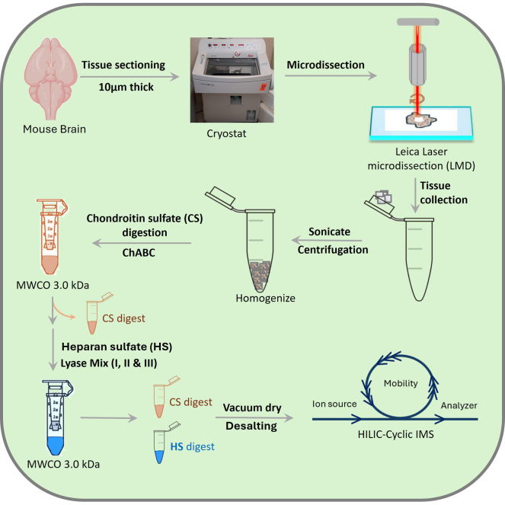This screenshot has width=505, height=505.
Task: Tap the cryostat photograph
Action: coord(232,80)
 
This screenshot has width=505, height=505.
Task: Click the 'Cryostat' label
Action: coord(226,133)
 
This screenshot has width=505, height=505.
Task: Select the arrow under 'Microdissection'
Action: coord(331,75)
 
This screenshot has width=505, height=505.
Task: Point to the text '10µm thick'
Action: coord(126,87)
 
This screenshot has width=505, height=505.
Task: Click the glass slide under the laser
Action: coord(421,123)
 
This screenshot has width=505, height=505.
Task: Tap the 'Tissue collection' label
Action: coord(443,193)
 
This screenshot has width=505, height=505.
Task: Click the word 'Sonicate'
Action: coord(329,232)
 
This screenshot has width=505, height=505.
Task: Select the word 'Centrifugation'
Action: coord(333,250)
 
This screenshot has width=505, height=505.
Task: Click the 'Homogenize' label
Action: coord(265,298)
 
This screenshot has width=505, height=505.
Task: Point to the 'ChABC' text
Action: coord(139,253)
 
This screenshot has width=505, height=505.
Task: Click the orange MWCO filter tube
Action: coord(52,236)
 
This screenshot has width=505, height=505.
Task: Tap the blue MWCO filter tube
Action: coord(56,417)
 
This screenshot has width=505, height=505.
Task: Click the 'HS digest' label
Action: coord(192,446)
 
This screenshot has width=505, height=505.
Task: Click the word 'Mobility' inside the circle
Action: coord(401,383)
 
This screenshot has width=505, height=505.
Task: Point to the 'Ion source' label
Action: coord(334,404)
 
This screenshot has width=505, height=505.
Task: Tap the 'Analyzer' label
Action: coord(459,405)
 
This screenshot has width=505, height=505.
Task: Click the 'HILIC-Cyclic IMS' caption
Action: coord(396,434)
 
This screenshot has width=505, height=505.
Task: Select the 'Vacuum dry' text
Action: coord(252,408)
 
